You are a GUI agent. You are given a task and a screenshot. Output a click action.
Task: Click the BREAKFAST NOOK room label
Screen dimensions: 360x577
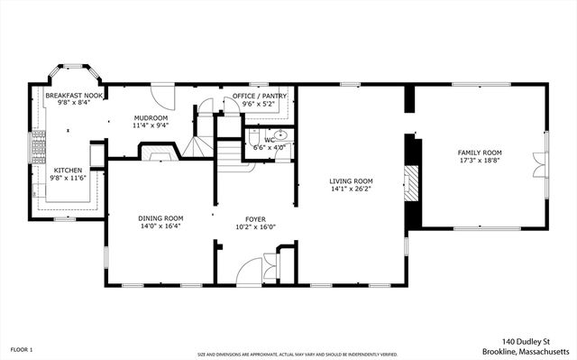(x=69, y=94)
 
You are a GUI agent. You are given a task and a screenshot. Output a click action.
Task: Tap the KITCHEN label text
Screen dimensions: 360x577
(x=69, y=170)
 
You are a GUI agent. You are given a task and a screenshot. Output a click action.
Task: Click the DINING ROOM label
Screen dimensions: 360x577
(x=160, y=217)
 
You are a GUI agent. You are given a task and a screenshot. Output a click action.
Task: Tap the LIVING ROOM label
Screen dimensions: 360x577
(x=351, y=180)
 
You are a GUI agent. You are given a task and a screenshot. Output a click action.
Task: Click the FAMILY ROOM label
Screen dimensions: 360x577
(x=480, y=152)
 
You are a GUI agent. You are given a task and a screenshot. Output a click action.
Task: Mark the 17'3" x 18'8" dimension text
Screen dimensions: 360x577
(x=480, y=162)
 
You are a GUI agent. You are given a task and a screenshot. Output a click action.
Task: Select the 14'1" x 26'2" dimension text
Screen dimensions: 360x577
(x=351, y=189)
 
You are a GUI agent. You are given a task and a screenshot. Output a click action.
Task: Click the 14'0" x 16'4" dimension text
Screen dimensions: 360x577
(x=160, y=226)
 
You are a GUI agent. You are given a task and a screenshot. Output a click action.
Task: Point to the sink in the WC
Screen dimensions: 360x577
(x=280, y=134)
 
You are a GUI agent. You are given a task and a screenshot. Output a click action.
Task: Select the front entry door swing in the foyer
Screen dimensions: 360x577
(x=250, y=271)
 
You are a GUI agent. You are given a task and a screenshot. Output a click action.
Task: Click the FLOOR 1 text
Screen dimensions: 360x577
(x=21, y=348)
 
